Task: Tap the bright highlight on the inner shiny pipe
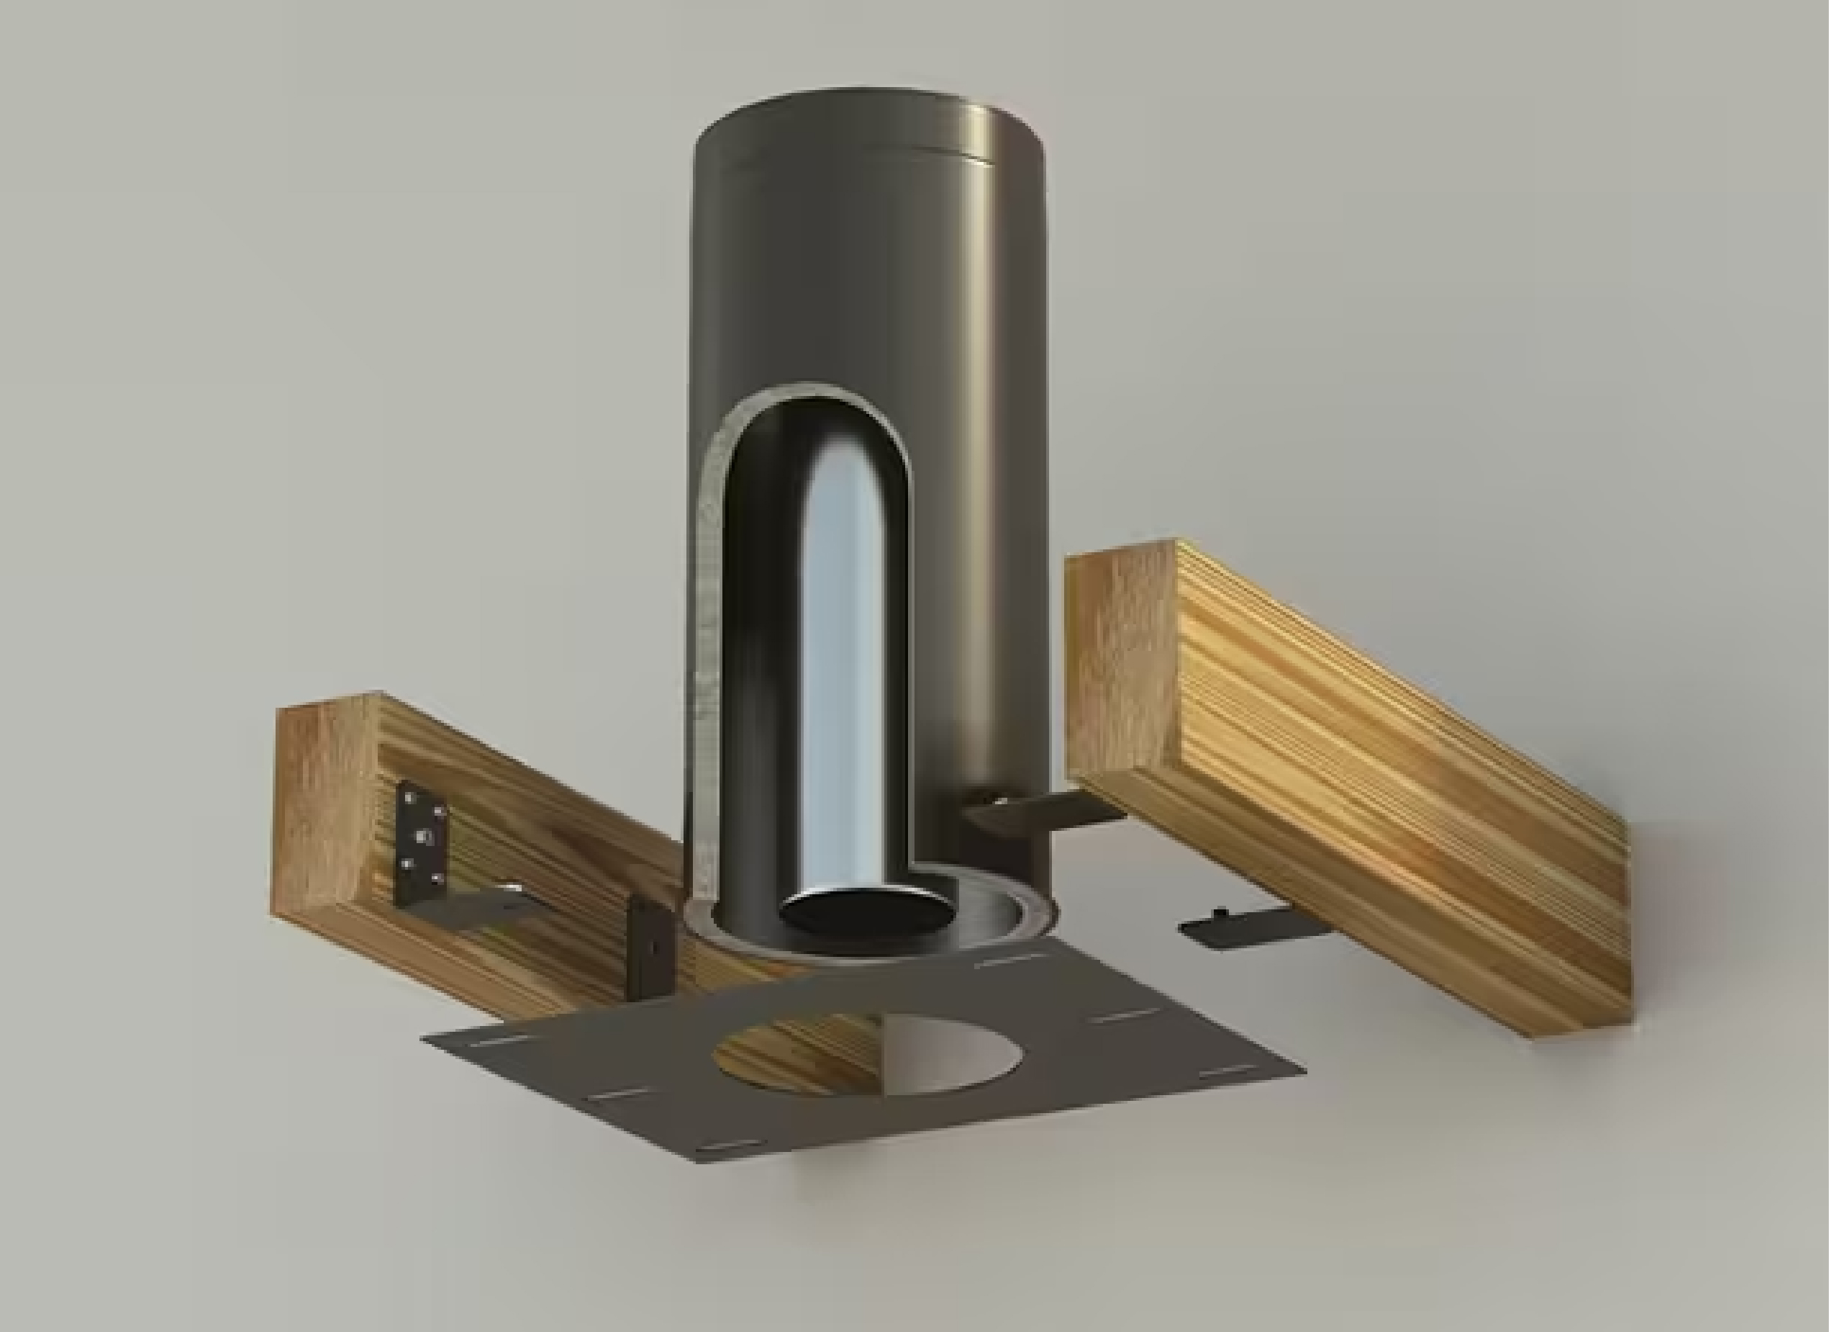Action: pos(835,645)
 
